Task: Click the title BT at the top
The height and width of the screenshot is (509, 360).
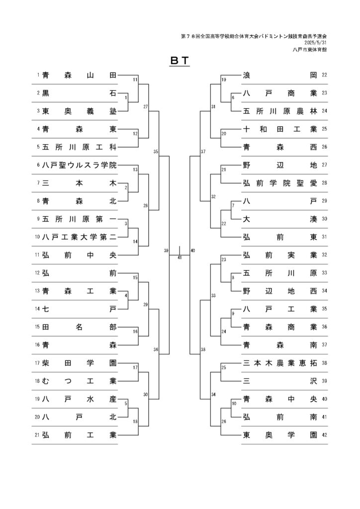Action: pos(180,60)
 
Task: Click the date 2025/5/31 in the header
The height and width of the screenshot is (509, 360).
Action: pos(316,43)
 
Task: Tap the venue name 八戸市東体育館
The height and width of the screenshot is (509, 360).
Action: pos(309,50)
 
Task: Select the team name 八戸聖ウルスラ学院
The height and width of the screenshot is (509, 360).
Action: pos(79,165)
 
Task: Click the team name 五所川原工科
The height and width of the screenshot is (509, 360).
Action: pos(79,147)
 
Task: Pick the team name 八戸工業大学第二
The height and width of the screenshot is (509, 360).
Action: pos(79,237)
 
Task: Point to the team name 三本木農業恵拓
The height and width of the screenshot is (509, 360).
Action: pos(280,363)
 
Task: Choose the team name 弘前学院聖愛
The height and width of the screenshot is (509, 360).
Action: pos(280,183)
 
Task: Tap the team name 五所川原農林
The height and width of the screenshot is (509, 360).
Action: pos(280,111)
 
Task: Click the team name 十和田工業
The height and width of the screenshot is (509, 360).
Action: pos(280,129)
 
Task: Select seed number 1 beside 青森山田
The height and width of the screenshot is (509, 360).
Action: pos(38,75)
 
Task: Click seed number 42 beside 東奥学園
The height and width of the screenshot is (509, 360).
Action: pos(324,435)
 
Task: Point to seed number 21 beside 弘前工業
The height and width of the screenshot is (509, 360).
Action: pos(37,435)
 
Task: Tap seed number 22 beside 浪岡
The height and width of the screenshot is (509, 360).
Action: pos(324,75)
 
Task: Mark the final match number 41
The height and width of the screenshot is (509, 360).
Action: pos(180,257)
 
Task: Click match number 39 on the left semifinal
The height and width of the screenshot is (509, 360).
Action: pos(166,251)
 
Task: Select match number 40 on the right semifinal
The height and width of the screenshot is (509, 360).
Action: pos(193,251)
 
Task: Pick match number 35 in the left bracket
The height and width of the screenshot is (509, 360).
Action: pos(156,152)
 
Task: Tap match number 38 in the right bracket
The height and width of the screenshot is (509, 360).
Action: pos(203,349)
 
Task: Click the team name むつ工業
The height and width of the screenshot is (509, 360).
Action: pos(79,381)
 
